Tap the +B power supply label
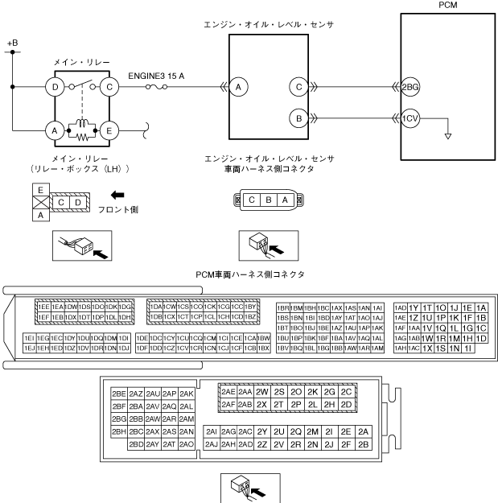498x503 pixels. pos(11,41)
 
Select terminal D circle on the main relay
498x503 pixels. pos(56,87)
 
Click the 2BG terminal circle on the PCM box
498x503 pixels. pos(410,87)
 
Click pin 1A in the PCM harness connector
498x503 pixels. pos(481,307)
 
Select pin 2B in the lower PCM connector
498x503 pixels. pos(364,443)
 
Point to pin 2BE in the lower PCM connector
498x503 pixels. pos(119,394)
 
